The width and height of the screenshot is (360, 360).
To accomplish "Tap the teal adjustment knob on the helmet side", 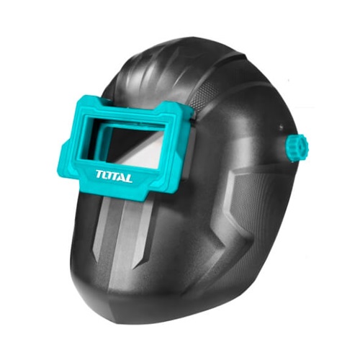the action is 297,148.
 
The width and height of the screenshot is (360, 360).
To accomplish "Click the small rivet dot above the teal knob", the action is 281,125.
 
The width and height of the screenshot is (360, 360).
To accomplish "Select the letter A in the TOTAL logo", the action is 122,178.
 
